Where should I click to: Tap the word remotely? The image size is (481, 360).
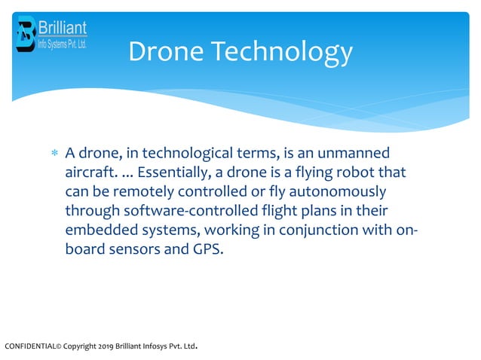138,191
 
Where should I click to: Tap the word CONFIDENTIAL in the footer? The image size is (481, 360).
30,347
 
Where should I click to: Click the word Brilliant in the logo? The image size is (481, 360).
63,28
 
